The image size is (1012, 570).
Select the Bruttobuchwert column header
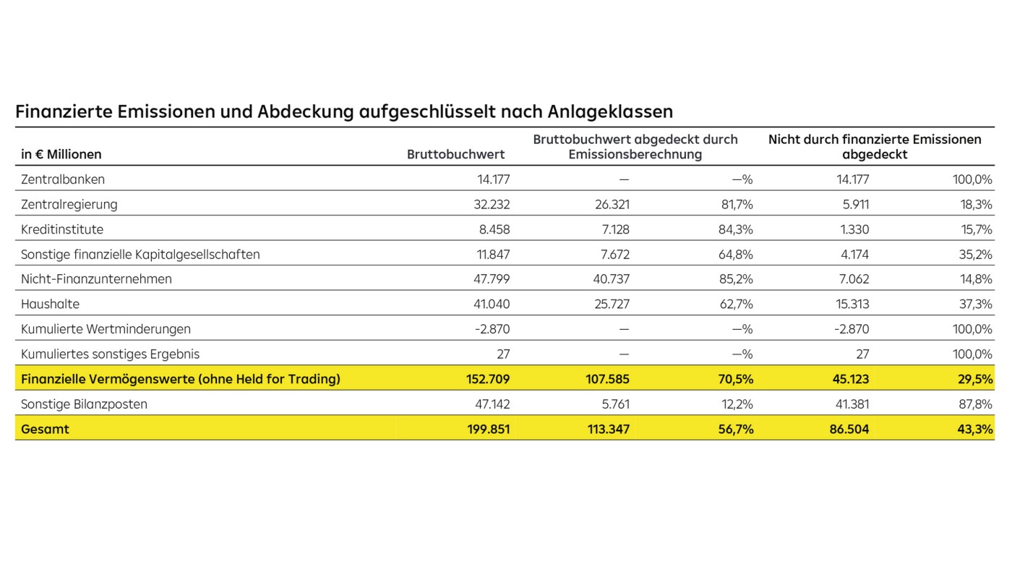point(455,154)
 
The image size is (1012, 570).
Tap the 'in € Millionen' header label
point(61,154)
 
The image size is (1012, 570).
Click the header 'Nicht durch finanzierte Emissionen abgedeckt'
point(875,146)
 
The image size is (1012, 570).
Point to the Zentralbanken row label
point(63,179)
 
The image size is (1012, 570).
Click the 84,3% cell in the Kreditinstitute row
point(733,229)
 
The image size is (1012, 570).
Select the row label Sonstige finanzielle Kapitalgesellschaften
point(140,255)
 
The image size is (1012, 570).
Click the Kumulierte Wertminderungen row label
point(106,329)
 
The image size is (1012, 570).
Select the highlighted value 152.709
point(489,379)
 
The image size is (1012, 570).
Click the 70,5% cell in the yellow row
point(734,379)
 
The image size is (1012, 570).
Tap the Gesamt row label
point(45,429)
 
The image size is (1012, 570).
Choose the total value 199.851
point(489,429)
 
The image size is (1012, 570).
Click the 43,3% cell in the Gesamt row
point(974,429)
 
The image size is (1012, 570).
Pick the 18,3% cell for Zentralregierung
point(975,205)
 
